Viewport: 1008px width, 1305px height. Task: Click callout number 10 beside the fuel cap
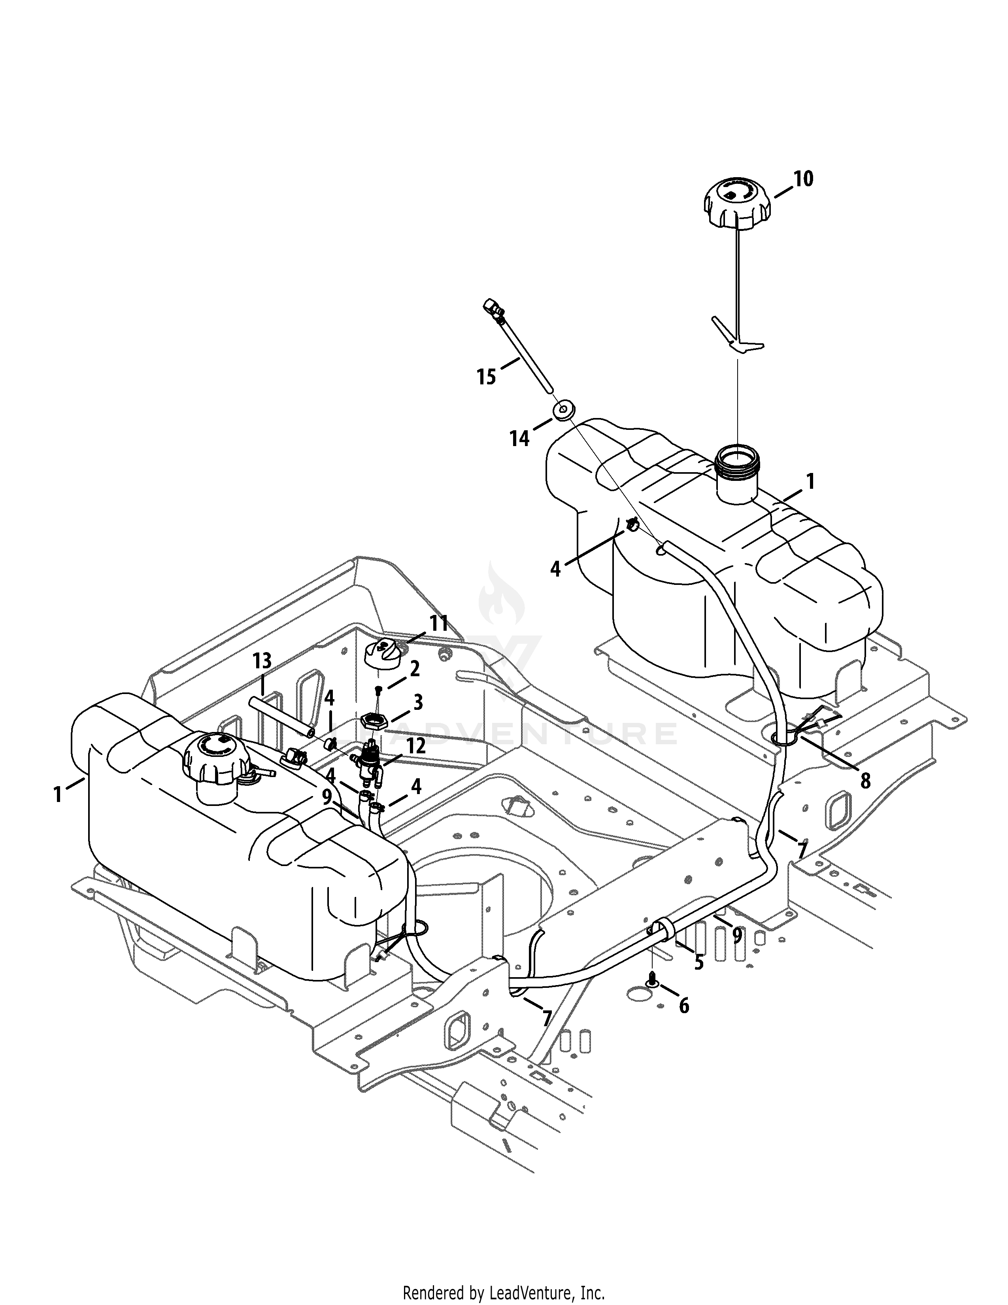(x=803, y=179)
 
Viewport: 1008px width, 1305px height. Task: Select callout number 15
(x=486, y=377)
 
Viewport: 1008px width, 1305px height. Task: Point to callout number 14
(x=519, y=439)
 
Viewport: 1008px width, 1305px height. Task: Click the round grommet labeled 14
(x=562, y=412)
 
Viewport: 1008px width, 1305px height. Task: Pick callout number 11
(x=439, y=624)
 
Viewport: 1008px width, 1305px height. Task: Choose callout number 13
(x=262, y=661)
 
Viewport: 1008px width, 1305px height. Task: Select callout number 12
(x=416, y=746)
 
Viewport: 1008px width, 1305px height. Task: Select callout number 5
(x=698, y=963)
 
